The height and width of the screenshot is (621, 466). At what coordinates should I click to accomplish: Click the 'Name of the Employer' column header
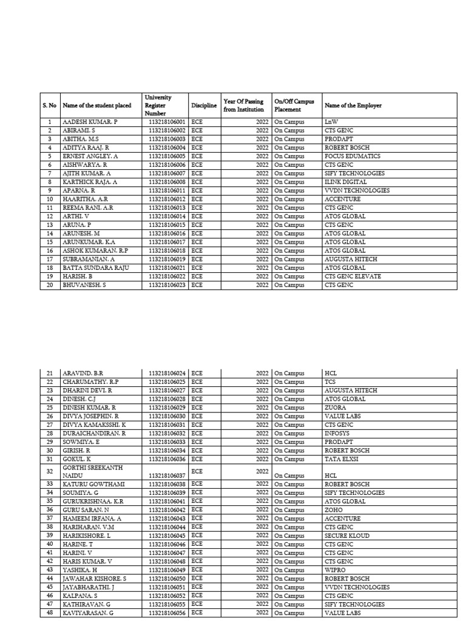pos(353,106)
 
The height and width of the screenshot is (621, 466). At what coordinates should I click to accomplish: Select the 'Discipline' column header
pos(204,106)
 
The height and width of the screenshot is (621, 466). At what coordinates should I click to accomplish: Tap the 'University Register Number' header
pos(158,106)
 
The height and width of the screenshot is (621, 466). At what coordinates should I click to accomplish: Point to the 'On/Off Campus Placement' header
pos(294,106)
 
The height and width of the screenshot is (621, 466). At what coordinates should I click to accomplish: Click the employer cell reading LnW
pos(331,122)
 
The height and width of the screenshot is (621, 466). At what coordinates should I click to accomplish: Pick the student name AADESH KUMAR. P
pos(90,122)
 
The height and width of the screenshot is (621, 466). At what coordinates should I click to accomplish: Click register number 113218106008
pos(166,182)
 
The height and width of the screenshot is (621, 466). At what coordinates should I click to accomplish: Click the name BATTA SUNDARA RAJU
pos(96,268)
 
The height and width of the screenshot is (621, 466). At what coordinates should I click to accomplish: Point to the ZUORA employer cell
pos(336,408)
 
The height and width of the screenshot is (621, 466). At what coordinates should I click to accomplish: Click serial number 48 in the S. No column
pos(50,613)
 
